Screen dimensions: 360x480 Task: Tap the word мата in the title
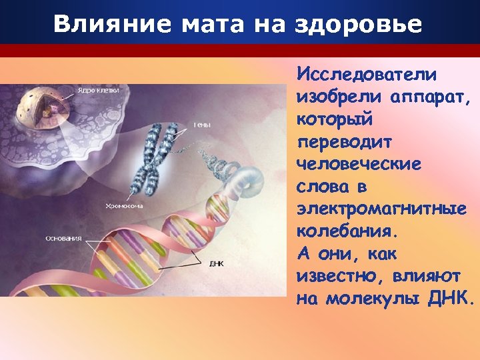pos(195,24)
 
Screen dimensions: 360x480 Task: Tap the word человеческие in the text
pos(359,165)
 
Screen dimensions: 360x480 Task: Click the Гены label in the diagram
pos(203,125)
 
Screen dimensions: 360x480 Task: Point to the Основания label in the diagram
pos(63,237)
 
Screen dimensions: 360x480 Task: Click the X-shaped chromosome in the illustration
pos(157,160)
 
